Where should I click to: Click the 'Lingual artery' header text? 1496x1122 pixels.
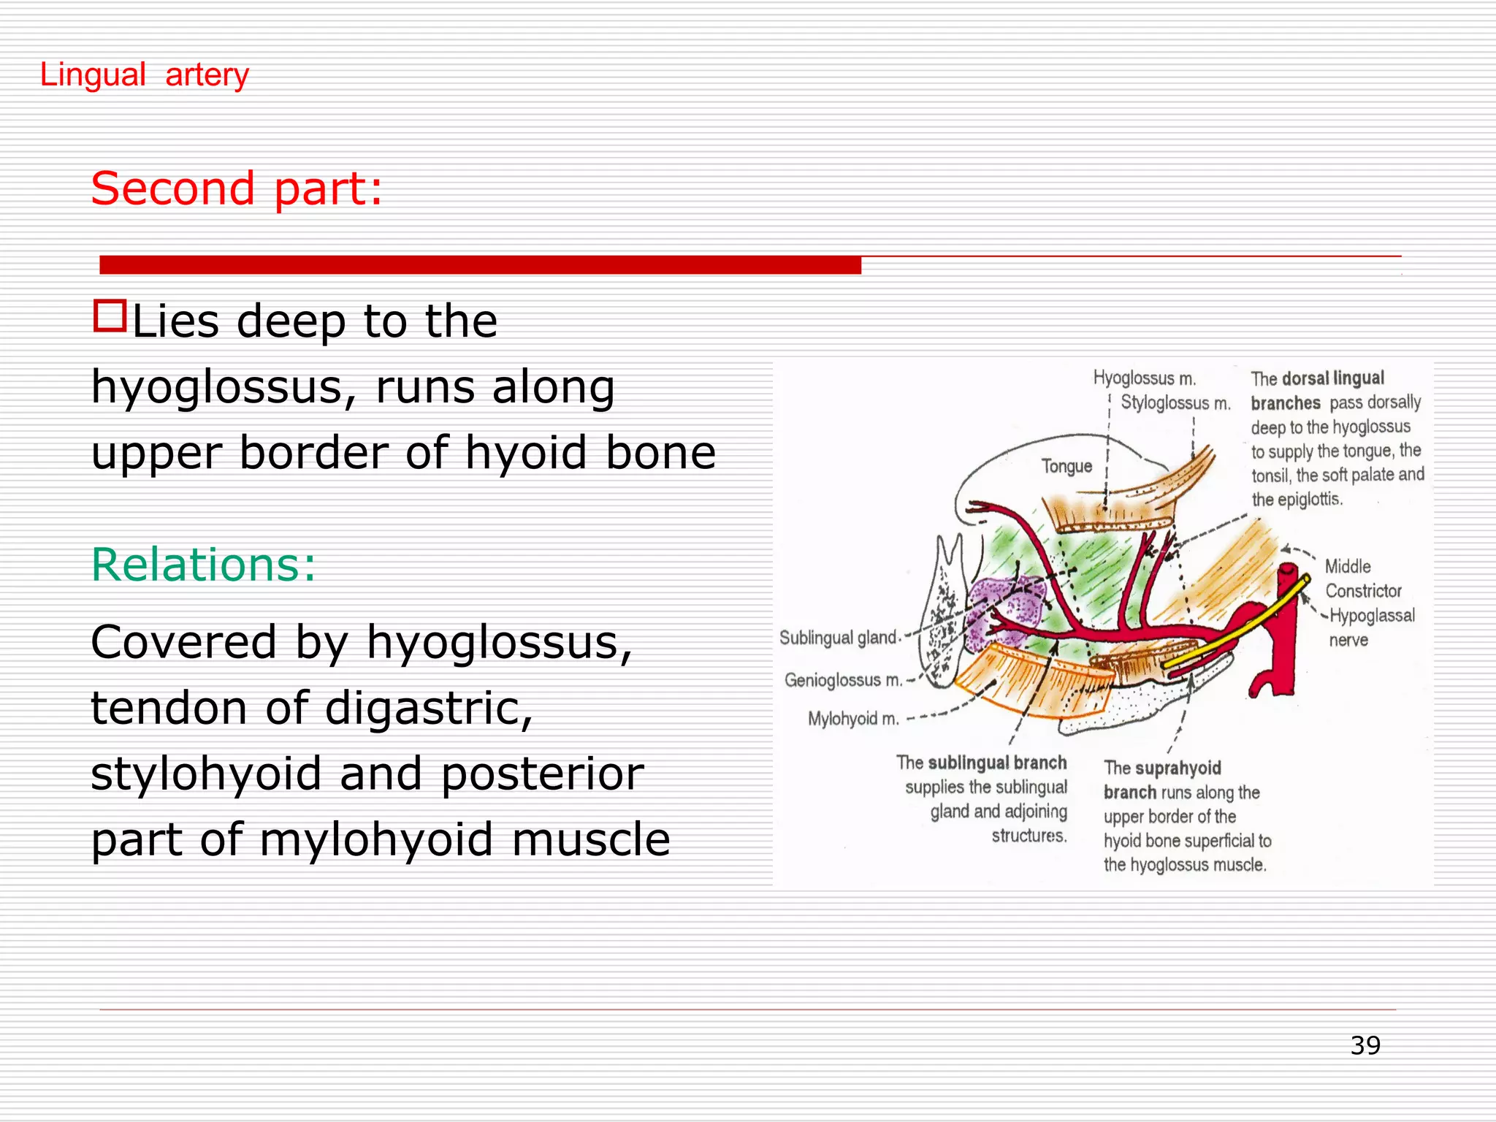pos(144,75)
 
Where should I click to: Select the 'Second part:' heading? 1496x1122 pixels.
pos(236,188)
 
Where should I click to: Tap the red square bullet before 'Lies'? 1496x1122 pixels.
pos(110,316)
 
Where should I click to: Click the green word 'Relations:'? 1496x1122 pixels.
pos(203,565)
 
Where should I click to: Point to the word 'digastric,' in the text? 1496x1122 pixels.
pos(429,708)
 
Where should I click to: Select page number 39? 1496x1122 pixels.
pos(1365,1045)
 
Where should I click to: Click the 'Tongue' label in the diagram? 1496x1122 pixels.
pos(1066,466)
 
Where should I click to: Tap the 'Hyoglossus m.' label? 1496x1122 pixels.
pos(1144,378)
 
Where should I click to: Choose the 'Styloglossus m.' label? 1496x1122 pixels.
pos(1175,402)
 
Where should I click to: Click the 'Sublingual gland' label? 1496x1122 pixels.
pos(837,638)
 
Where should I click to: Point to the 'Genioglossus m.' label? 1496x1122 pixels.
pos(843,680)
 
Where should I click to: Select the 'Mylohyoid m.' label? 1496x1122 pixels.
pos(852,719)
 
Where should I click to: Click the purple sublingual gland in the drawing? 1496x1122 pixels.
pos(1001,610)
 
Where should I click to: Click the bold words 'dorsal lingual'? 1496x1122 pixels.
pos(1333,378)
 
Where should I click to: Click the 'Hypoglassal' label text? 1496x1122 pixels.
pos(1372,616)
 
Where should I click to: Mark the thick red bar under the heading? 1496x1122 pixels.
pos(480,264)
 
